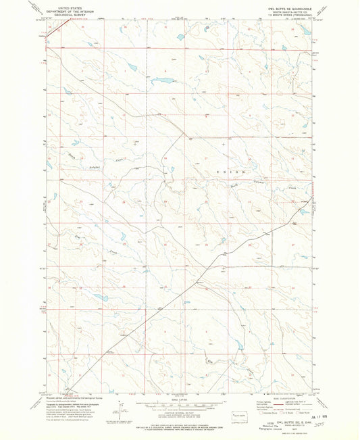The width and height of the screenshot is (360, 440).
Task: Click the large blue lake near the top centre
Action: (x=162, y=80)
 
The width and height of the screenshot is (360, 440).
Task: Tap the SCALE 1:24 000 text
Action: (x=180, y=398)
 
